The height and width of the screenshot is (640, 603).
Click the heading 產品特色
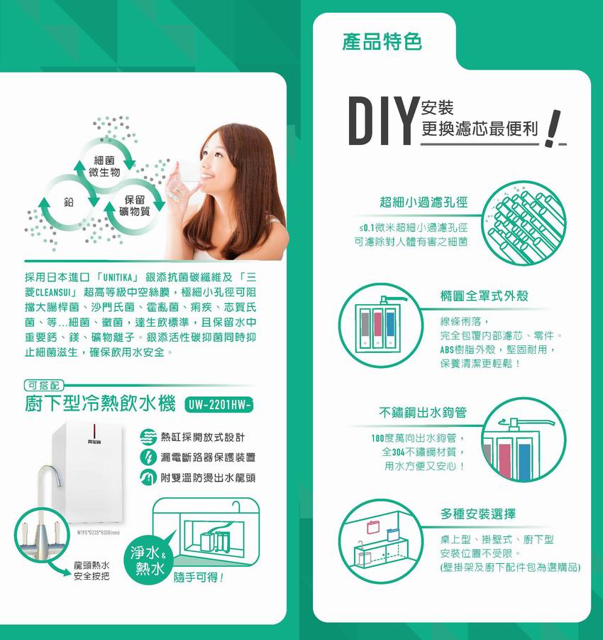[x=382, y=42]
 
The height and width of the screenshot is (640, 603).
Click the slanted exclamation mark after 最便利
[x=553, y=129]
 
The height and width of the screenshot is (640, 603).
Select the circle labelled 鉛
[x=69, y=201]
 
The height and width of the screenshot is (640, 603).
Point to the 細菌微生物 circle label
[x=104, y=166]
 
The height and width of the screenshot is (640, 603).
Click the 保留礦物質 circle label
[x=135, y=205]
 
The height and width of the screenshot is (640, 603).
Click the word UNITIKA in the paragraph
[x=118, y=278]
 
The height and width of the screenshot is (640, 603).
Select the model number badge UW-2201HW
[x=219, y=405]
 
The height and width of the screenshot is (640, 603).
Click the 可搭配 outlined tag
[x=43, y=385]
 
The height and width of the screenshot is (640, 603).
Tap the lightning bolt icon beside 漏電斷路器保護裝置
[x=148, y=457]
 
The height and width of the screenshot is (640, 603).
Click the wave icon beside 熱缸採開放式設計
[x=148, y=437]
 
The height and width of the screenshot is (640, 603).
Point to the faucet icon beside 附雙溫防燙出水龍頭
[x=148, y=477]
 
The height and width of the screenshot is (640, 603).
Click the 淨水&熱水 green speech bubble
[x=149, y=559]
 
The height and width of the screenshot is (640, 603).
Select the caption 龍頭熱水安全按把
[x=92, y=571]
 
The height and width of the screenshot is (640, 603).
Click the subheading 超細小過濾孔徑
[x=424, y=202]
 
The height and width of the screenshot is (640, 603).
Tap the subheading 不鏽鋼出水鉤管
[x=423, y=413]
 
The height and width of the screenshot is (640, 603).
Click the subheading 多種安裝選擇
[x=478, y=514]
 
